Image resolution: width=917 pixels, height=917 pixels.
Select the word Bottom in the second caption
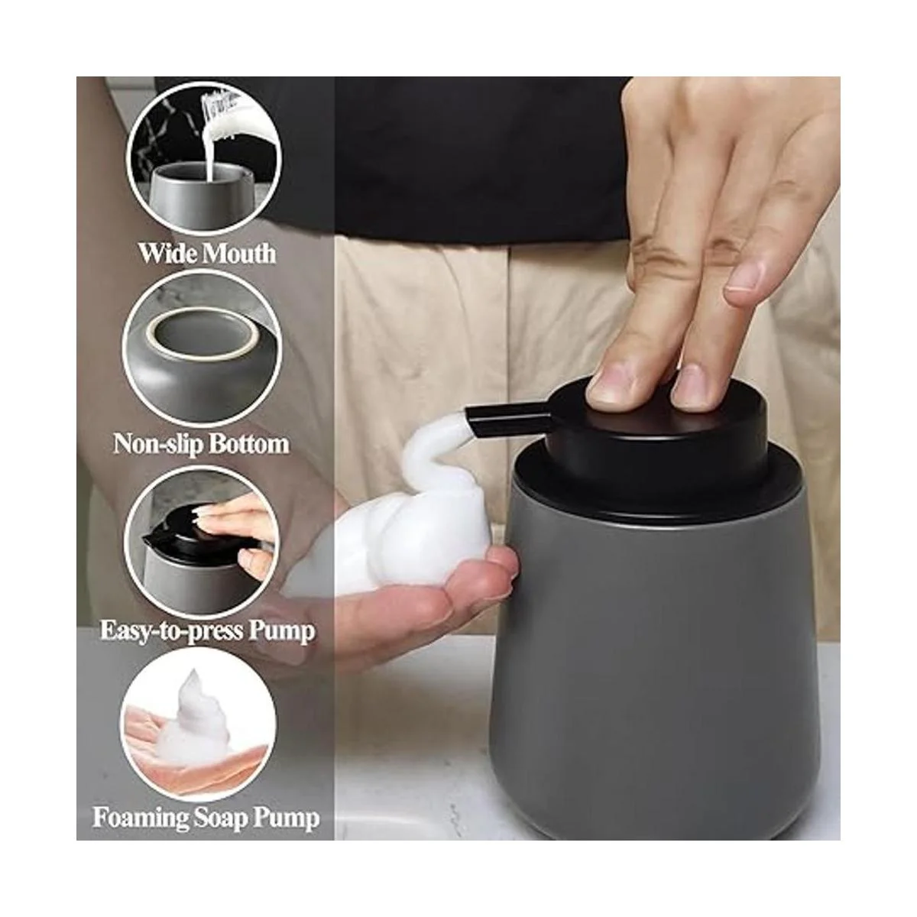tap(251, 443)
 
